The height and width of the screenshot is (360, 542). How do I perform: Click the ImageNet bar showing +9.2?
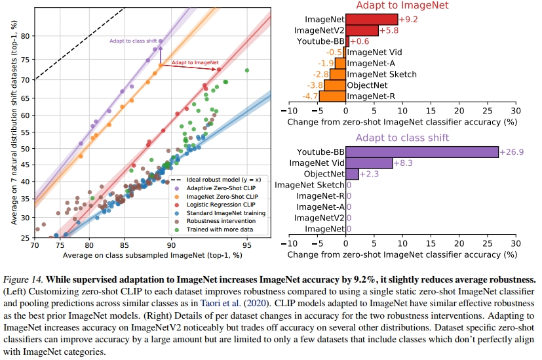pos(372,20)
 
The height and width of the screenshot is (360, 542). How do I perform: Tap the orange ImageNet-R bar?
pos(332,96)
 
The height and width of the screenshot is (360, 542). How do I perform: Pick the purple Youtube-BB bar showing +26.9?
pos(421,151)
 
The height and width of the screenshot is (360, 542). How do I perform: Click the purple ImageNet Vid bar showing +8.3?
pos(369,163)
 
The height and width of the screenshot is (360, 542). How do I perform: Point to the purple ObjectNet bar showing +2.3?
pos(352,174)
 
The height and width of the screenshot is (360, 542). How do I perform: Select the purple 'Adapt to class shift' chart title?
pos(401,138)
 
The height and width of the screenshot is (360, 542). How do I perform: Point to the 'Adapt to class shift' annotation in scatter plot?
pos(133,41)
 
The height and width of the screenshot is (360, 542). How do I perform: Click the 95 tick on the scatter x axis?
pos(246,245)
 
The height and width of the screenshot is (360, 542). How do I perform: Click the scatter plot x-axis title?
pos(152,254)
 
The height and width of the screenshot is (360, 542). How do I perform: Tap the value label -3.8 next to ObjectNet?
pos(315,85)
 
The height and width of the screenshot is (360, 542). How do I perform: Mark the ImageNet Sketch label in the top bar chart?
pos(381,74)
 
